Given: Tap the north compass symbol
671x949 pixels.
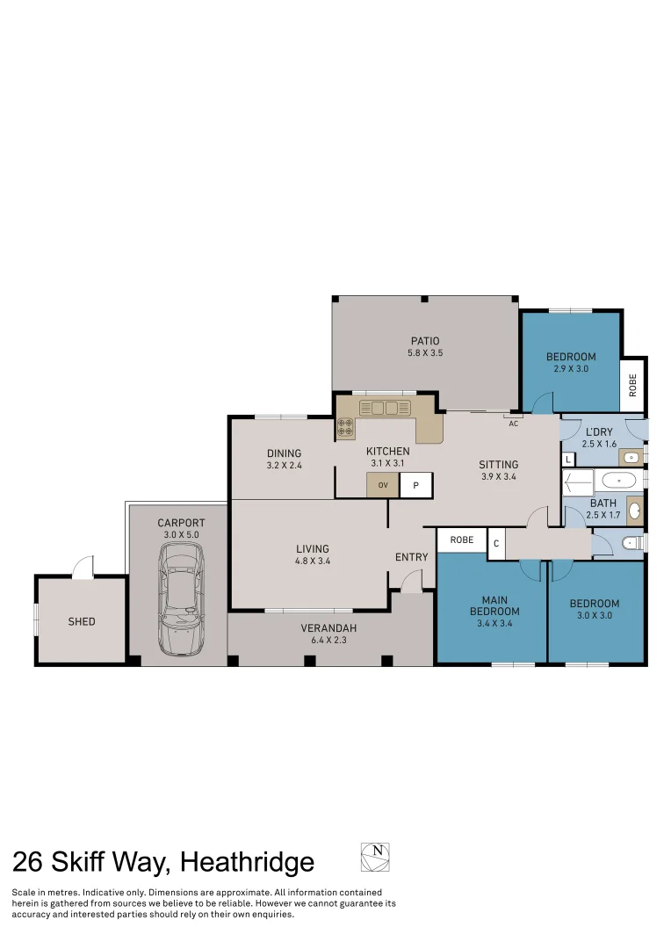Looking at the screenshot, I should click(x=375, y=857).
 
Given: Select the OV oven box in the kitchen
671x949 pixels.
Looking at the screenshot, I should click(x=383, y=485).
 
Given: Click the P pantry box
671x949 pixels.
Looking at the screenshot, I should click(x=416, y=485).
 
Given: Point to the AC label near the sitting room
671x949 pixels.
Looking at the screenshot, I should click(x=514, y=424).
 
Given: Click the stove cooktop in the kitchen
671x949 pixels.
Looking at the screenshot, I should click(x=345, y=429).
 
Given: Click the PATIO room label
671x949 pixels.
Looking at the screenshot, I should click(x=424, y=341).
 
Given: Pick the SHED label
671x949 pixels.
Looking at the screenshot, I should click(x=81, y=621).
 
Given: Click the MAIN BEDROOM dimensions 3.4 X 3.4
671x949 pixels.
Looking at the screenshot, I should click(x=494, y=624).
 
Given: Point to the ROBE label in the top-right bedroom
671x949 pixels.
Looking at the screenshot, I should click(x=632, y=385).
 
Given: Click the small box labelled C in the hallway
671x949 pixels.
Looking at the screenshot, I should click(x=495, y=543).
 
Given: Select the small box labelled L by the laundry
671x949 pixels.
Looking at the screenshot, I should click(x=567, y=460).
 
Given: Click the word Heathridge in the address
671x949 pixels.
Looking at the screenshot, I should click(x=246, y=862).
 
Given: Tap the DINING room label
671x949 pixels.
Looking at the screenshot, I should click(x=284, y=453).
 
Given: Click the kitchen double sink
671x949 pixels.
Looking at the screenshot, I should click(x=385, y=408).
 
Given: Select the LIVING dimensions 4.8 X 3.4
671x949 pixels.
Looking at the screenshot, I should click(x=312, y=561).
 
